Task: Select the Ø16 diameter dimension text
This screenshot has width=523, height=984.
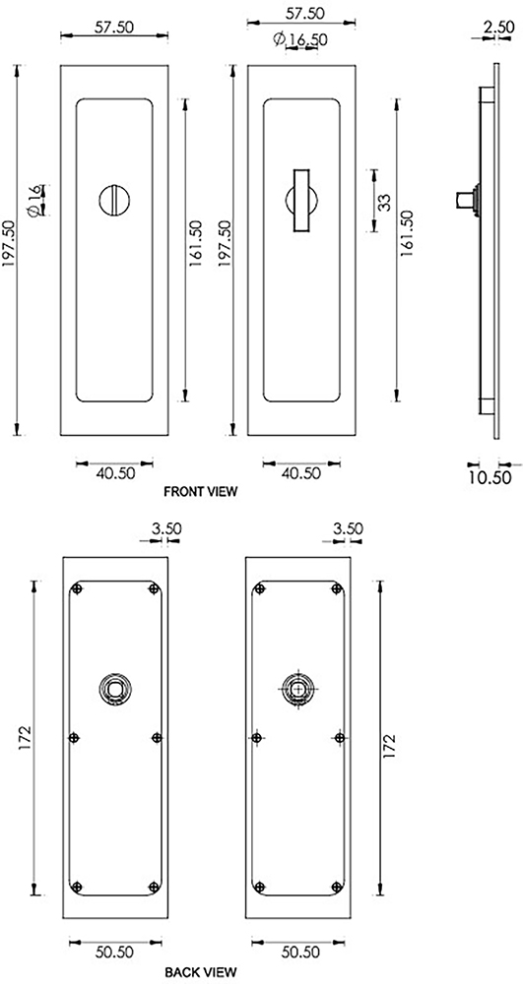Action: pyautogui.click(x=34, y=200)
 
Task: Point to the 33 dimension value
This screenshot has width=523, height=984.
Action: pyautogui.click(x=384, y=201)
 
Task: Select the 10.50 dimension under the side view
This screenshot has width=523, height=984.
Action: pyautogui.click(x=488, y=477)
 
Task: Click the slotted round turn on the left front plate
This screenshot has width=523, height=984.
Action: pyautogui.click(x=112, y=200)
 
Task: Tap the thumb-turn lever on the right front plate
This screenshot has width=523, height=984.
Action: pyautogui.click(x=298, y=197)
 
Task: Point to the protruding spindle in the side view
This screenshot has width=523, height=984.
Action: pyautogui.click(x=462, y=200)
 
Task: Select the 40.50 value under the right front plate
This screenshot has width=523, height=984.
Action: pyautogui.click(x=299, y=473)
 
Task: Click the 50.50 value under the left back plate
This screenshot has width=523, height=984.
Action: pyautogui.click(x=115, y=953)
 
